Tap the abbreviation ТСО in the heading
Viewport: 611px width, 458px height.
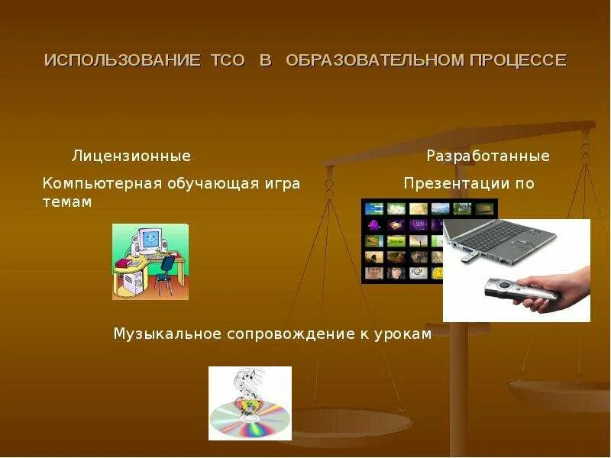tap(228, 60)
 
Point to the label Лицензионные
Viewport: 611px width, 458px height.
tap(131, 156)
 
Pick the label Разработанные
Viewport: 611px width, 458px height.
tap(487, 156)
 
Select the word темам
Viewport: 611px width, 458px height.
tap(67, 202)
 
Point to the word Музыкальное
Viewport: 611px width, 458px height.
tap(167, 334)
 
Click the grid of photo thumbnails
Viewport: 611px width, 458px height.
tap(401, 240)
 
